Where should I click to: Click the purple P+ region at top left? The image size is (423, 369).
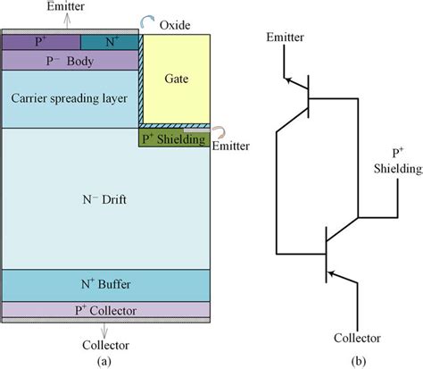point(40,41)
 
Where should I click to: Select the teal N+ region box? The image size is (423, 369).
point(109,41)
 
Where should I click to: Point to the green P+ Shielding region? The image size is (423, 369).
point(175,138)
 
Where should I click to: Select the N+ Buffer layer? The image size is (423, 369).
point(104,285)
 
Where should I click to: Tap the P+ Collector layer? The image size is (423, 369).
point(104,310)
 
